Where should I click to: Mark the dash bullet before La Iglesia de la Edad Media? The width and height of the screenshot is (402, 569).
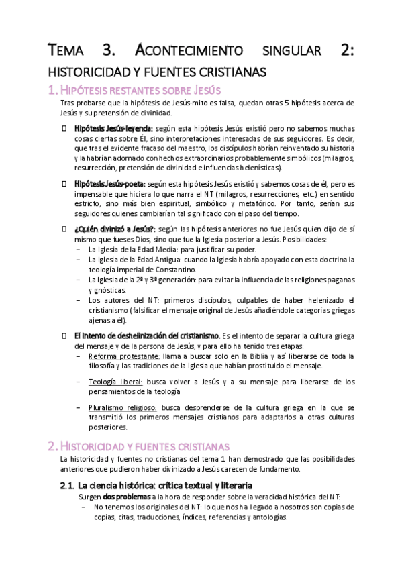[x=81, y=249]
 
